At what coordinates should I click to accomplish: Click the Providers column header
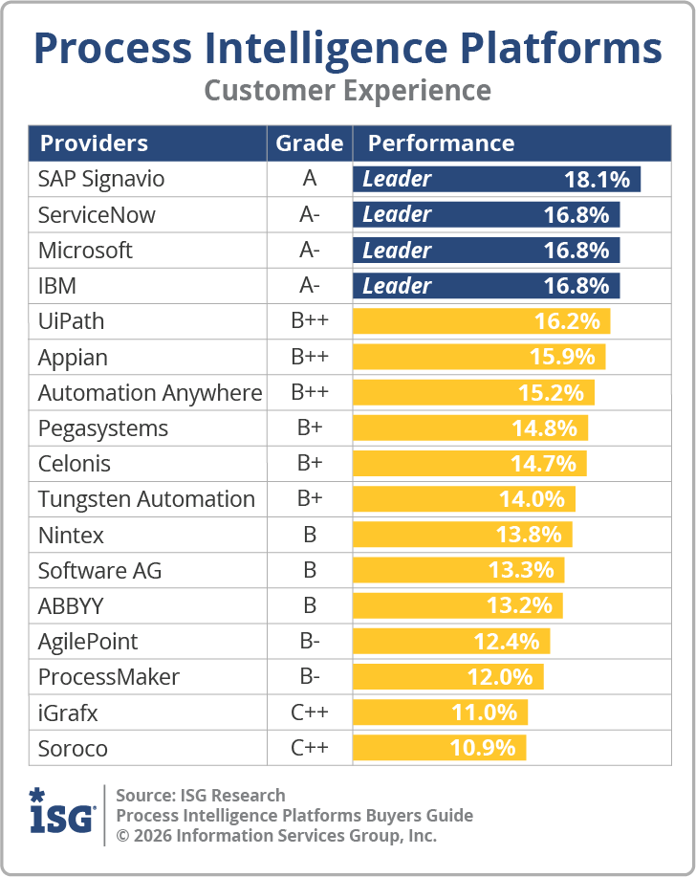point(94,143)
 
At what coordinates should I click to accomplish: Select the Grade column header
point(309,143)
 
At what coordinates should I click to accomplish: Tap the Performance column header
point(441,143)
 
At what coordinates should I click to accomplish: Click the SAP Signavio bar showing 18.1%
point(496,179)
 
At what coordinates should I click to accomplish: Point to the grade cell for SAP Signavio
point(309,179)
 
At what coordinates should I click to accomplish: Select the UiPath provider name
point(71,321)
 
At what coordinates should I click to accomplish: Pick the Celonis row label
point(74,464)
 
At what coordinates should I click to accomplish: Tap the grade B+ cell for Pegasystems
point(309,428)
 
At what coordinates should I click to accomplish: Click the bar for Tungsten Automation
point(464,499)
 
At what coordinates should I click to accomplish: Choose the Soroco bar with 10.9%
point(439,748)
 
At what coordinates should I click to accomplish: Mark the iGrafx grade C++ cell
point(309,713)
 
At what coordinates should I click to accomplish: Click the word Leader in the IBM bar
point(397,286)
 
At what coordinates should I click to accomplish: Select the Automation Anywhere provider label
point(149,393)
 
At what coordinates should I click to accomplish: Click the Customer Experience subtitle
point(348,91)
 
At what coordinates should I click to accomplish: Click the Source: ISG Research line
point(201,795)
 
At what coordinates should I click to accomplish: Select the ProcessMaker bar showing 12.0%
point(447,677)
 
